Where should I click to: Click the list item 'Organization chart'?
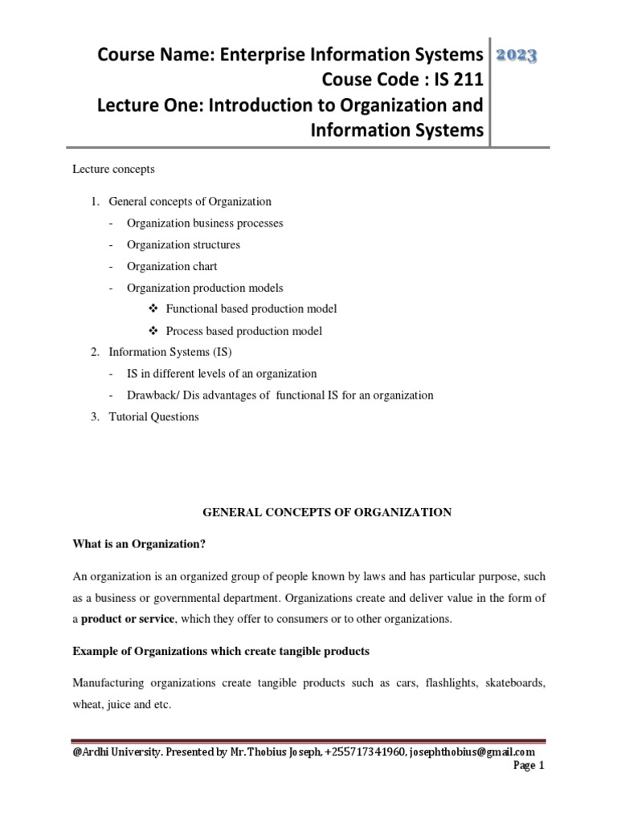[x=172, y=266]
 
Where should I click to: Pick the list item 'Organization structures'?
[x=183, y=244]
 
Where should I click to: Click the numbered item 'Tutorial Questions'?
[x=153, y=416]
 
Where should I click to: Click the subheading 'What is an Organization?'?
[x=140, y=545]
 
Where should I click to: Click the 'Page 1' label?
[x=529, y=767]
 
